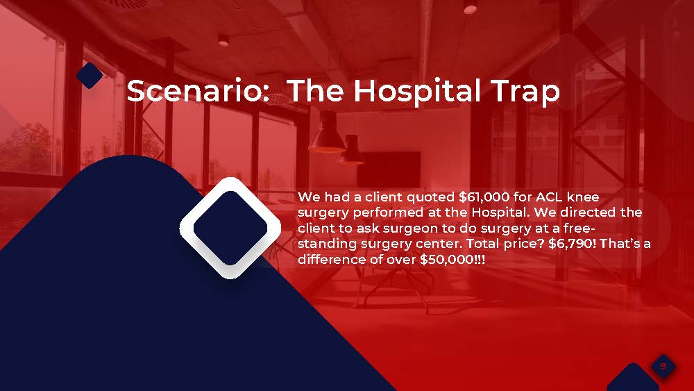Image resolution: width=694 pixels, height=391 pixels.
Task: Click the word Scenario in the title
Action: (198, 91)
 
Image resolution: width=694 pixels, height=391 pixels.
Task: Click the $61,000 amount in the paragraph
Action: (484, 197)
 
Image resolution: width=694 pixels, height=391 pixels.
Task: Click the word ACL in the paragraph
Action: (549, 197)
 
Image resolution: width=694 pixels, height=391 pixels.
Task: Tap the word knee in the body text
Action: (583, 197)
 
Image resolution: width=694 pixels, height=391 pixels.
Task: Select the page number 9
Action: (663, 366)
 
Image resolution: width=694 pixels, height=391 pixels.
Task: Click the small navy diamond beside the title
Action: (90, 75)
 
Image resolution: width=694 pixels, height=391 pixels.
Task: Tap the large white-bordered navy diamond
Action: (230, 228)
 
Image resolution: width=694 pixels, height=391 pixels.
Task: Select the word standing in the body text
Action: (327, 244)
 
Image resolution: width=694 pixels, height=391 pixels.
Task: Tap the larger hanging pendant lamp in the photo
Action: (327, 132)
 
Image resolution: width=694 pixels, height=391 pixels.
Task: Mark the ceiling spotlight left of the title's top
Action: (223, 41)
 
